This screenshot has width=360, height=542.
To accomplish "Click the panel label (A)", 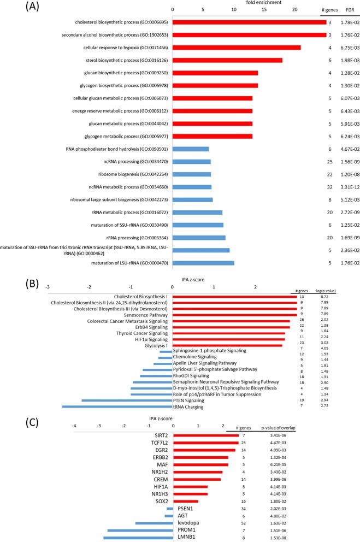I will click(17, 9).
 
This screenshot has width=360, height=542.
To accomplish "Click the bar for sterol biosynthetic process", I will click(227, 60).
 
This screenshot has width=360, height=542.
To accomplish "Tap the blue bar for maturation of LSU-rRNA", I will click(203, 263).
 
